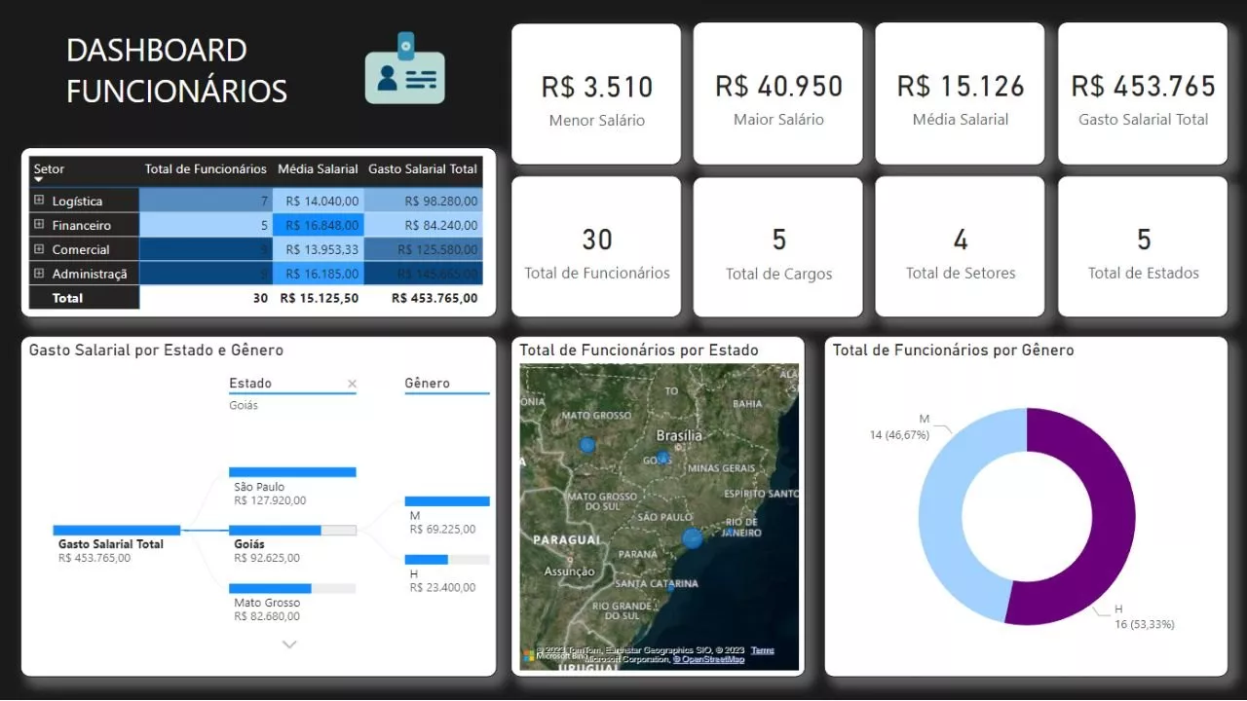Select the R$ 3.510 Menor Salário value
[596, 87]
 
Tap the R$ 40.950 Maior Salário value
[778, 87]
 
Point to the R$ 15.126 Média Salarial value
[961, 87]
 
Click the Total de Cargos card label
[778, 274]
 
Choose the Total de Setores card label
[961, 274]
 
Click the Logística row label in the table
[77, 202]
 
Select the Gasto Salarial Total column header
[422, 169]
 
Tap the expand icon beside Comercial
[39, 249]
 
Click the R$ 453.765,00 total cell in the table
[435, 298]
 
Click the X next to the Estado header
[353, 385]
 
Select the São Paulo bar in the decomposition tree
[292, 472]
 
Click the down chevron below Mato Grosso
[289, 645]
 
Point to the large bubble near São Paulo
[693, 538]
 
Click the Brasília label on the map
[679, 435]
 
